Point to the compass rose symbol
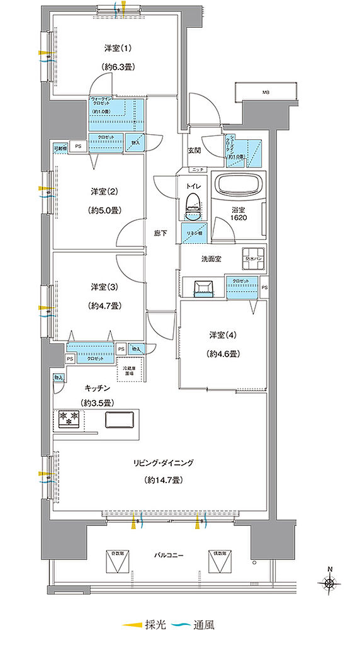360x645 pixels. [x=330, y=584]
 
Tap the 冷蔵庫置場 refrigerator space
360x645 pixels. [x=132, y=370]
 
